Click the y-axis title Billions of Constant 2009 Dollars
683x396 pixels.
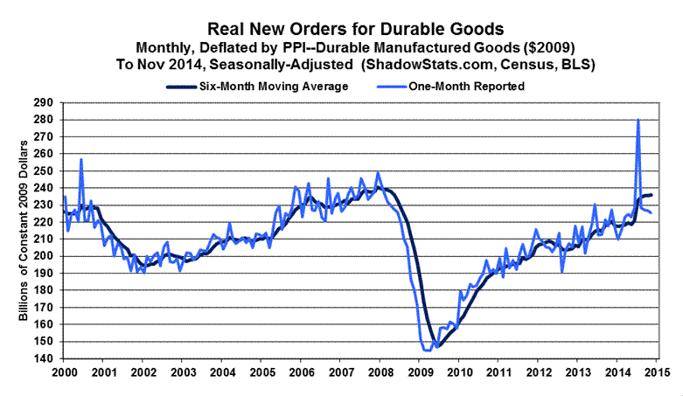[24, 229]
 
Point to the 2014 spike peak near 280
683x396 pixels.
[638, 120]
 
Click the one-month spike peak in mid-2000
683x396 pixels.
[81, 159]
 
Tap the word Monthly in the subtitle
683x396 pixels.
[166, 46]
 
